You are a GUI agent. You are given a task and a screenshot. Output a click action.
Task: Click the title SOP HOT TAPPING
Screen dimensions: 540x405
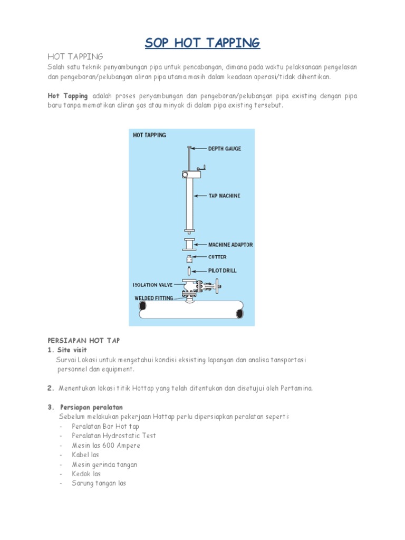point(202,43)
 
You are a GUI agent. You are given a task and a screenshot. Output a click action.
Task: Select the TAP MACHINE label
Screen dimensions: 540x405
point(224,196)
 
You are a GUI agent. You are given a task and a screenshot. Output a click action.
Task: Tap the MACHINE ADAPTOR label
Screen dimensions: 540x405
point(230,245)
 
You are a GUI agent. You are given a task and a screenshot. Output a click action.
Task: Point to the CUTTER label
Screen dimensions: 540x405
point(217,257)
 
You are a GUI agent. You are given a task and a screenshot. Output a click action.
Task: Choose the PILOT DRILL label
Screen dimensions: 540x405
point(223,271)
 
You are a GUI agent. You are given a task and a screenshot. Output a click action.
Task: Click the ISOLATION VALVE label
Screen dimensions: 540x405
point(153,285)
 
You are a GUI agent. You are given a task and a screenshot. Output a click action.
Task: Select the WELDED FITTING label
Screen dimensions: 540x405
point(153,298)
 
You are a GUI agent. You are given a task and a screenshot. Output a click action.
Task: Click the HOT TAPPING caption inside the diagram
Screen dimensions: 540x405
point(149,136)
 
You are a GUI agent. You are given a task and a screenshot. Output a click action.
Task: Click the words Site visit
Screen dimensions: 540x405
point(76,350)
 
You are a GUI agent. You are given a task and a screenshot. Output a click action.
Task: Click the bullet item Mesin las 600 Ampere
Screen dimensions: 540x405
point(106,446)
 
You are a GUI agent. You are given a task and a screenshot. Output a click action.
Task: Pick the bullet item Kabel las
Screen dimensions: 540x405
point(85,455)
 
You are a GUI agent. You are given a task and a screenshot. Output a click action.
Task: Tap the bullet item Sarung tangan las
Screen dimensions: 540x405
point(99,483)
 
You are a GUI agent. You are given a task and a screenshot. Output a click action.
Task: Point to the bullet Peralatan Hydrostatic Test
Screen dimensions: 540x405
point(114,436)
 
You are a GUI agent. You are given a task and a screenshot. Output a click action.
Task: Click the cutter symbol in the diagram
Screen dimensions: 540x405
point(188,258)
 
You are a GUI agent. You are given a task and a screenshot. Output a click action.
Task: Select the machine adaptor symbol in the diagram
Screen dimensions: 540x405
point(188,245)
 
